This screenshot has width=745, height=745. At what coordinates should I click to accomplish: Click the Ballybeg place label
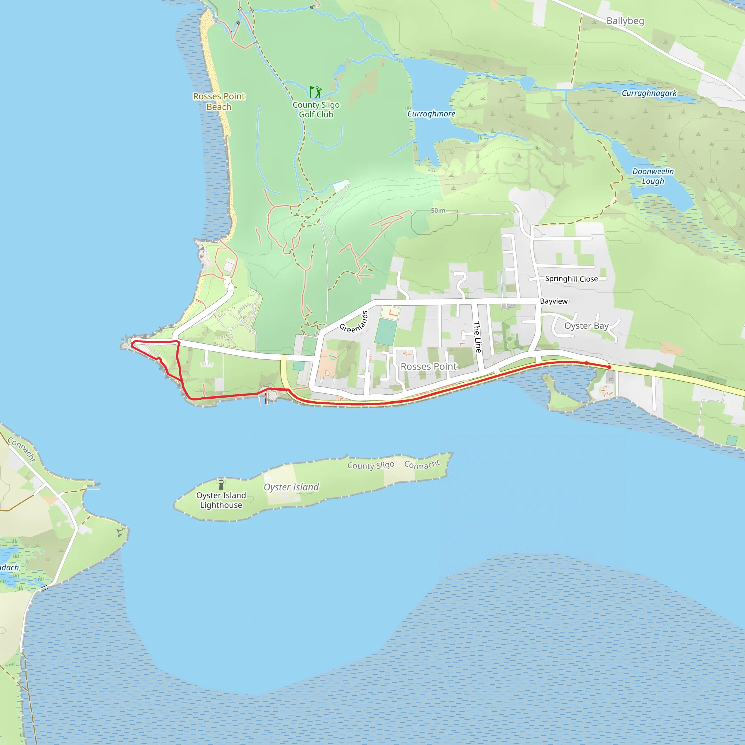(625, 21)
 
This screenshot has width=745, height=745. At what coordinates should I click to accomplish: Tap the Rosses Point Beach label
(219, 101)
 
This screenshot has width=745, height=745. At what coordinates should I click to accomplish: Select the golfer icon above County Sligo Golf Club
(316, 92)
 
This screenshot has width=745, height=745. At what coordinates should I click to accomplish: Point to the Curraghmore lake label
(431, 114)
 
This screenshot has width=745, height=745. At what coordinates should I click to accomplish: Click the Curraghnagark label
(649, 93)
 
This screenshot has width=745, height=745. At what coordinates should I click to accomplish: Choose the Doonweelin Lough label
(653, 176)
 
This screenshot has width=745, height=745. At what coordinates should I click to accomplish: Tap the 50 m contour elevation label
(438, 211)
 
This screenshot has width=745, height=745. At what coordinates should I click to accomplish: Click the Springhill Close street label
(571, 279)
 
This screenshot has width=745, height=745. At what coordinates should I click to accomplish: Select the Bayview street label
(553, 301)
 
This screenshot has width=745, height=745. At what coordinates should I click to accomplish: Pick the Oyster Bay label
(586, 326)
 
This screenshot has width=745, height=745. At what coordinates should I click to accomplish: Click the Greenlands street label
(354, 322)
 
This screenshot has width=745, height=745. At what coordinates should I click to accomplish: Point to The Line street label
(477, 336)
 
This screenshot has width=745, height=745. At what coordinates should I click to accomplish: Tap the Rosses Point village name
(429, 366)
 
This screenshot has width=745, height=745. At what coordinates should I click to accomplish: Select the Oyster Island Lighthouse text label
(221, 500)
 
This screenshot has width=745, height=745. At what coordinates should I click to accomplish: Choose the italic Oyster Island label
(291, 487)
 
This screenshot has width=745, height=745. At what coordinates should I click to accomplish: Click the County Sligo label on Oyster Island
(371, 465)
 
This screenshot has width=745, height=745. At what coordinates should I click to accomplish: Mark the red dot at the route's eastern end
(609, 367)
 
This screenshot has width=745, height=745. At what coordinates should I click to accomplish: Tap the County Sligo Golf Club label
(316, 109)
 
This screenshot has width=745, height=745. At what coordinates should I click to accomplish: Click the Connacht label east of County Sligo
(422, 464)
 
